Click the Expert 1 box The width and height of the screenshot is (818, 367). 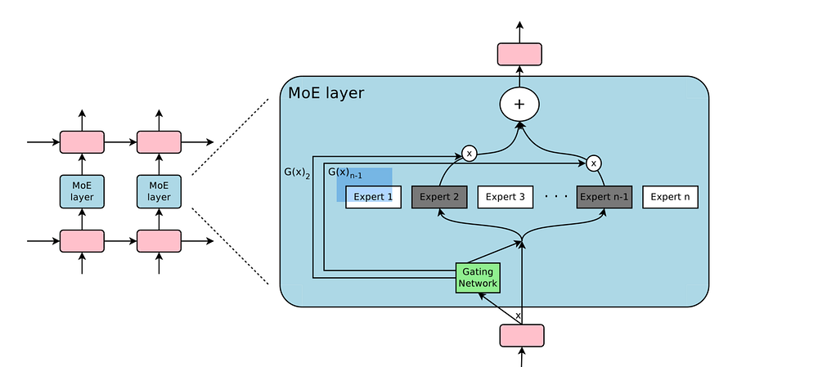(373, 197)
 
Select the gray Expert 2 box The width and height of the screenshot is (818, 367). (438, 197)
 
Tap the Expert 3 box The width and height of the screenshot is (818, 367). (505, 197)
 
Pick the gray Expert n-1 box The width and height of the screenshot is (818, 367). (604, 197)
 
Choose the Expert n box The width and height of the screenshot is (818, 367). (670, 197)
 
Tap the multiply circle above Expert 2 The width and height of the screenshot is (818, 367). (469, 153)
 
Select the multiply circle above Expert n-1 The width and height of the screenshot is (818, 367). (594, 163)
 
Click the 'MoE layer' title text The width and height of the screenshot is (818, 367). (326, 93)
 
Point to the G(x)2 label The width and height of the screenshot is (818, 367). (297, 172)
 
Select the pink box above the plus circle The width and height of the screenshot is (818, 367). (519, 54)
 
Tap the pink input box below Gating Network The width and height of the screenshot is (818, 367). (521, 335)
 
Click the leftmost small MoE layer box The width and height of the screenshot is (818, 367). (82, 191)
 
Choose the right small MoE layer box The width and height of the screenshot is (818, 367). (159, 191)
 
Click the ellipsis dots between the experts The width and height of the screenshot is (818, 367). (555, 197)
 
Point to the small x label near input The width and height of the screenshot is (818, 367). (517, 315)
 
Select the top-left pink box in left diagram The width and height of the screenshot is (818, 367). (82, 142)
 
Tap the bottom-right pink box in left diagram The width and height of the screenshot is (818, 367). (159, 241)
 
